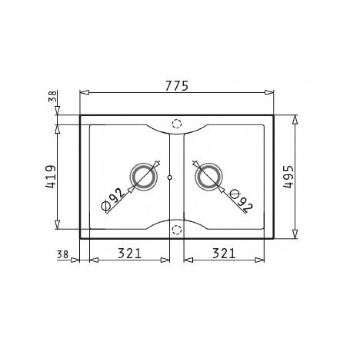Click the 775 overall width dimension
point(177,86)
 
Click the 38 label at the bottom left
point(62,255)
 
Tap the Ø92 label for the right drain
point(241,200)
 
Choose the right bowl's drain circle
point(208,175)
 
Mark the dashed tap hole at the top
point(177,124)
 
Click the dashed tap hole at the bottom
point(177,230)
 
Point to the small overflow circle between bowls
point(170,177)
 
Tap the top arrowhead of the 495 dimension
point(295,120)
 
